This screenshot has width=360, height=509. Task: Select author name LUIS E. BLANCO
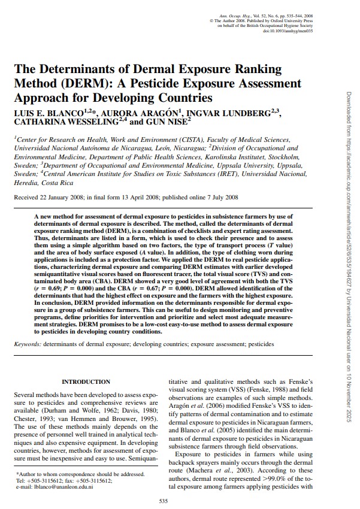(47, 112)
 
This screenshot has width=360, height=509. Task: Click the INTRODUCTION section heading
(86, 381)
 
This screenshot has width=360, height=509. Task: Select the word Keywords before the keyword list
(28, 345)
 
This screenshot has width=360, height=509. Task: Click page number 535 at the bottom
(162, 501)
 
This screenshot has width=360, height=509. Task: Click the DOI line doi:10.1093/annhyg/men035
(285, 31)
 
